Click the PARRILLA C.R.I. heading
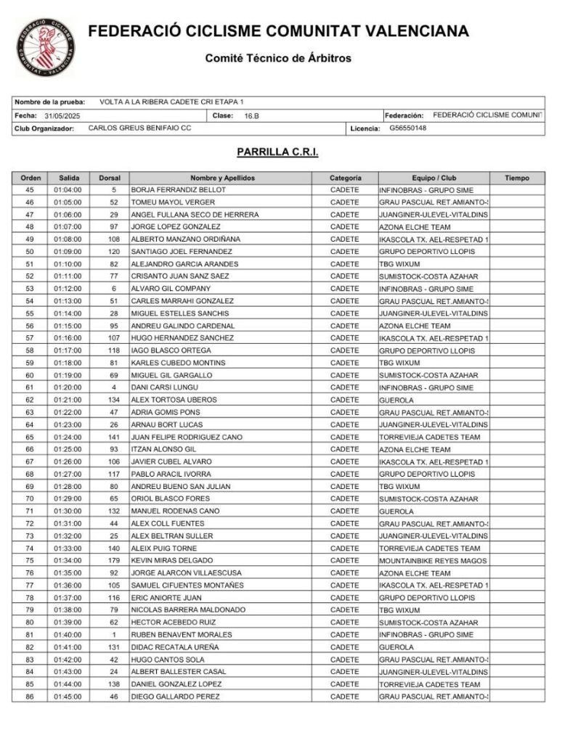[277, 152]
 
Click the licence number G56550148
[407, 128]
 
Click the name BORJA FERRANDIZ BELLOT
[178, 190]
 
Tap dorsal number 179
[113, 561]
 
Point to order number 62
[30, 400]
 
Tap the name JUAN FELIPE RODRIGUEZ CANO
[187, 437]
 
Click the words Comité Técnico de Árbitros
[278, 58]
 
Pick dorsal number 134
[113, 400]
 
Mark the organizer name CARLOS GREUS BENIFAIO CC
[139, 128]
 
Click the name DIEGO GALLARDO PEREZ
[174, 697]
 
